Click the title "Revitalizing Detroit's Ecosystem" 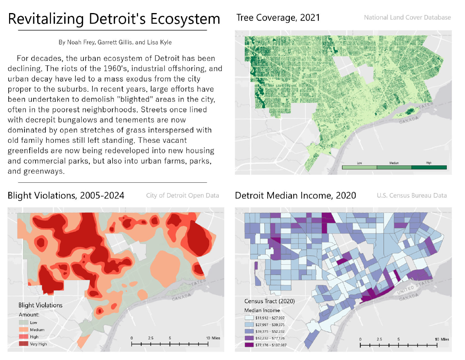(x=114, y=19)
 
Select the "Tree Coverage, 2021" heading (x=278, y=17)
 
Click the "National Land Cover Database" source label (x=407, y=17)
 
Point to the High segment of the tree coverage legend (x=429, y=167)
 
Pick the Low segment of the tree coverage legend (x=359, y=167)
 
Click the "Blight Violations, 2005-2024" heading (x=66, y=195)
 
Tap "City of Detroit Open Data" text (x=182, y=195)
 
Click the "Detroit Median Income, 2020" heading (x=295, y=195)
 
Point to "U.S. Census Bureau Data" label (x=412, y=195)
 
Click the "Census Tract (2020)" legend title (x=270, y=301)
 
